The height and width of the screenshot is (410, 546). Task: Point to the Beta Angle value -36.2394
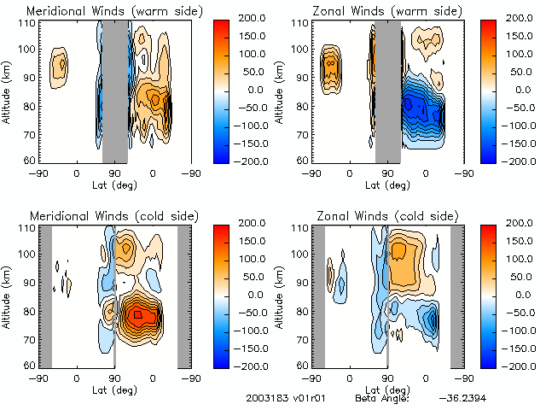click(x=461, y=398)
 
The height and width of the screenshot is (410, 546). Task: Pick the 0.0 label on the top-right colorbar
click(x=512, y=89)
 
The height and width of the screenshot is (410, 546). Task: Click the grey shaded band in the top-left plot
click(x=114, y=90)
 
